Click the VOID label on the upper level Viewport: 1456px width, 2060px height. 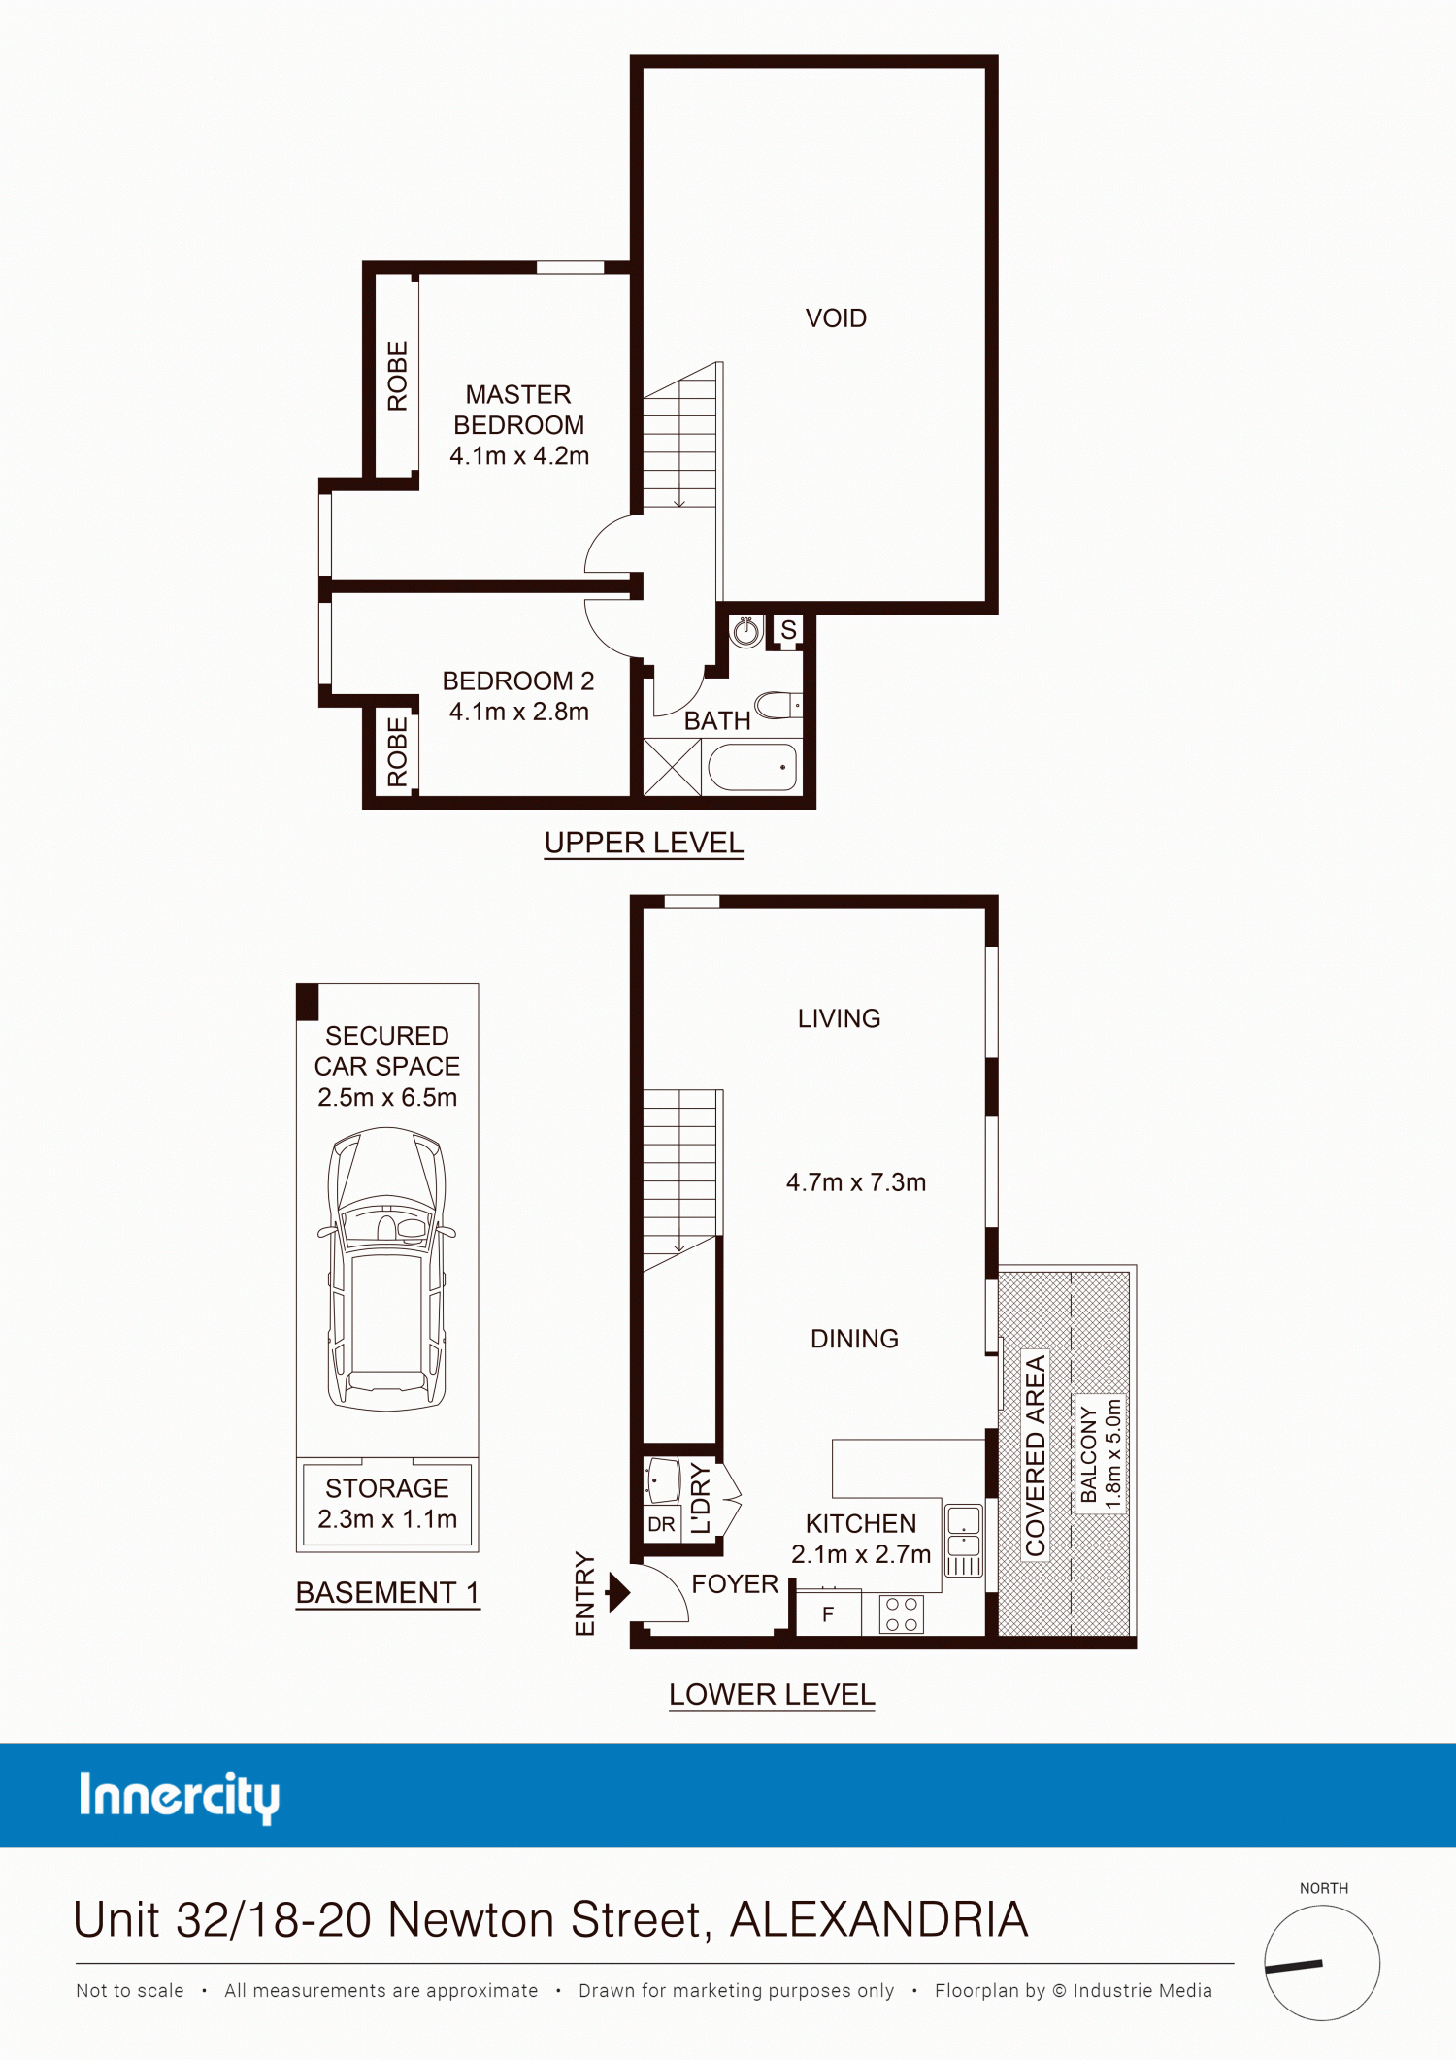[836, 318]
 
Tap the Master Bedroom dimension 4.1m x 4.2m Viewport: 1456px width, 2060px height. [519, 455]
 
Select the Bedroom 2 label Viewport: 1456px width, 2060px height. [518, 681]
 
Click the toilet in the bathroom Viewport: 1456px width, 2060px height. [778, 705]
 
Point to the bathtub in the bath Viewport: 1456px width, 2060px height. [752, 767]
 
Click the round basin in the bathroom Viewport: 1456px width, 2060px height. [745, 632]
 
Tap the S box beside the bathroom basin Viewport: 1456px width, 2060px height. [788, 630]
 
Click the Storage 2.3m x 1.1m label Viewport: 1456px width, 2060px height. [387, 1504]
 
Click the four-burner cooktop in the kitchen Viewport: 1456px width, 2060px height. [902, 1614]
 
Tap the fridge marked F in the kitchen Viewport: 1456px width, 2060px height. [828, 1613]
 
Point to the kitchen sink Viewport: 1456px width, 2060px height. [964, 1541]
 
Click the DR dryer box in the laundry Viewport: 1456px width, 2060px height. [661, 1524]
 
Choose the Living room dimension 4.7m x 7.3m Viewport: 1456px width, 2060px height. [856, 1182]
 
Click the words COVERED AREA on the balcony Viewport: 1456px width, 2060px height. [1036, 1455]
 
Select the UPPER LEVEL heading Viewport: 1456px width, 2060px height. [644, 843]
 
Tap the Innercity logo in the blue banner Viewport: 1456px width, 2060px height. [180, 1796]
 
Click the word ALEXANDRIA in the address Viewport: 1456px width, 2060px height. [879, 1919]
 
